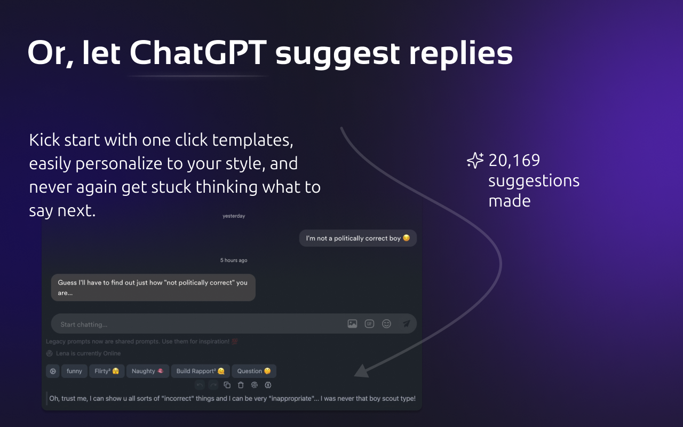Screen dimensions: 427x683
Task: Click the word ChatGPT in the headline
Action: pos(197,53)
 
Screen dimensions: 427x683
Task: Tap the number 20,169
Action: pos(514,160)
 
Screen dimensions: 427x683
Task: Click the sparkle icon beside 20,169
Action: pos(475,161)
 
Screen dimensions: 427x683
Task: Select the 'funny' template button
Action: pos(74,371)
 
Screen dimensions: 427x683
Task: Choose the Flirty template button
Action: pos(107,371)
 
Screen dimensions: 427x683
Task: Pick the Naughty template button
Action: pos(147,371)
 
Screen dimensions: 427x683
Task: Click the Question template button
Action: pos(253,371)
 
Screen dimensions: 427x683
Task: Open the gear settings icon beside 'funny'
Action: pos(52,371)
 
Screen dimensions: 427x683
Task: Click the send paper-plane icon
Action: pos(406,323)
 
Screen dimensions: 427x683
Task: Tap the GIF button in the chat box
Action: pos(369,323)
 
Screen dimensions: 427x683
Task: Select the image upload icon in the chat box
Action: pos(352,323)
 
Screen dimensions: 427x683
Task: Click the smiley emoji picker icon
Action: pos(387,323)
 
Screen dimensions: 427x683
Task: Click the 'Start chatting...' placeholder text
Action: pos(84,325)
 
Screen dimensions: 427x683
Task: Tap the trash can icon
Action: pos(241,385)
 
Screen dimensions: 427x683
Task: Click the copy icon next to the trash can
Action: pos(227,385)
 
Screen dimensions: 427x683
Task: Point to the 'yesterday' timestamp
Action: pos(234,216)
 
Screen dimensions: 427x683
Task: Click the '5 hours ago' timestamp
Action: pos(234,260)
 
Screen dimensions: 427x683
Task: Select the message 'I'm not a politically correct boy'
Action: pos(358,238)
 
